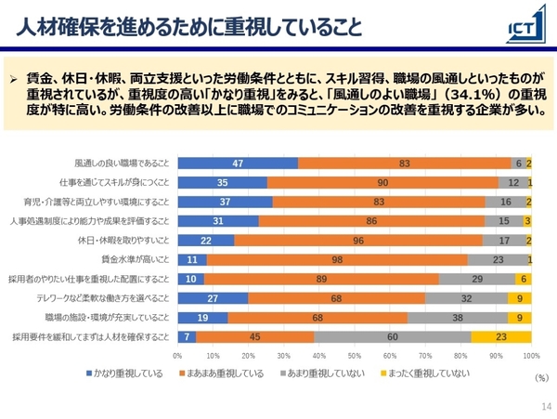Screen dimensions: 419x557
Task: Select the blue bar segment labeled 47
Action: coord(238,164)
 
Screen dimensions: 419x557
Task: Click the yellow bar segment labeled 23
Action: coord(501,336)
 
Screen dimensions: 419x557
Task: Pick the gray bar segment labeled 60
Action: coord(393,336)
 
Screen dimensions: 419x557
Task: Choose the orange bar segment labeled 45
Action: coord(254,336)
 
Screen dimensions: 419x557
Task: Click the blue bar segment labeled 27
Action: coord(213,298)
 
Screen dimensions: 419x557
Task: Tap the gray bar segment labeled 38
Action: coord(458,317)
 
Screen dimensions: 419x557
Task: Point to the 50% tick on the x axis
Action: coord(355,355)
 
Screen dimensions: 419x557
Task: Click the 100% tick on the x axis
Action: coord(531,355)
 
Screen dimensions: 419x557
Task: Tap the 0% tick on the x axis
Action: coord(178,355)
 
